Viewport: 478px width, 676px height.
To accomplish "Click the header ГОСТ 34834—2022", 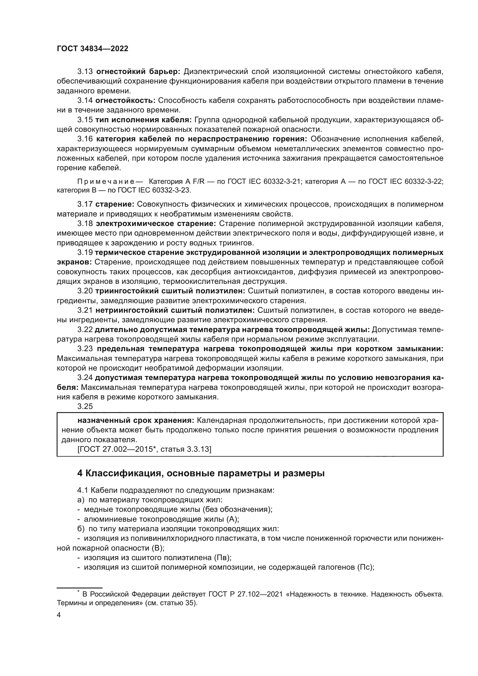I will [x=92, y=49].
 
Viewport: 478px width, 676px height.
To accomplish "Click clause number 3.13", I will [x=85, y=72].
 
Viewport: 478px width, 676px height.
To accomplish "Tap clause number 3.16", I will [x=85, y=139].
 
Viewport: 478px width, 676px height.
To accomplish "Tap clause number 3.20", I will [x=85, y=291].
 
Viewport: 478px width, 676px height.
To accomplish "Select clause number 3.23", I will [x=85, y=349].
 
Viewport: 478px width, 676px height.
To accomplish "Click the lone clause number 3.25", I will [x=85, y=406].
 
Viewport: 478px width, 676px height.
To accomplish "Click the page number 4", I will [x=59, y=615].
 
